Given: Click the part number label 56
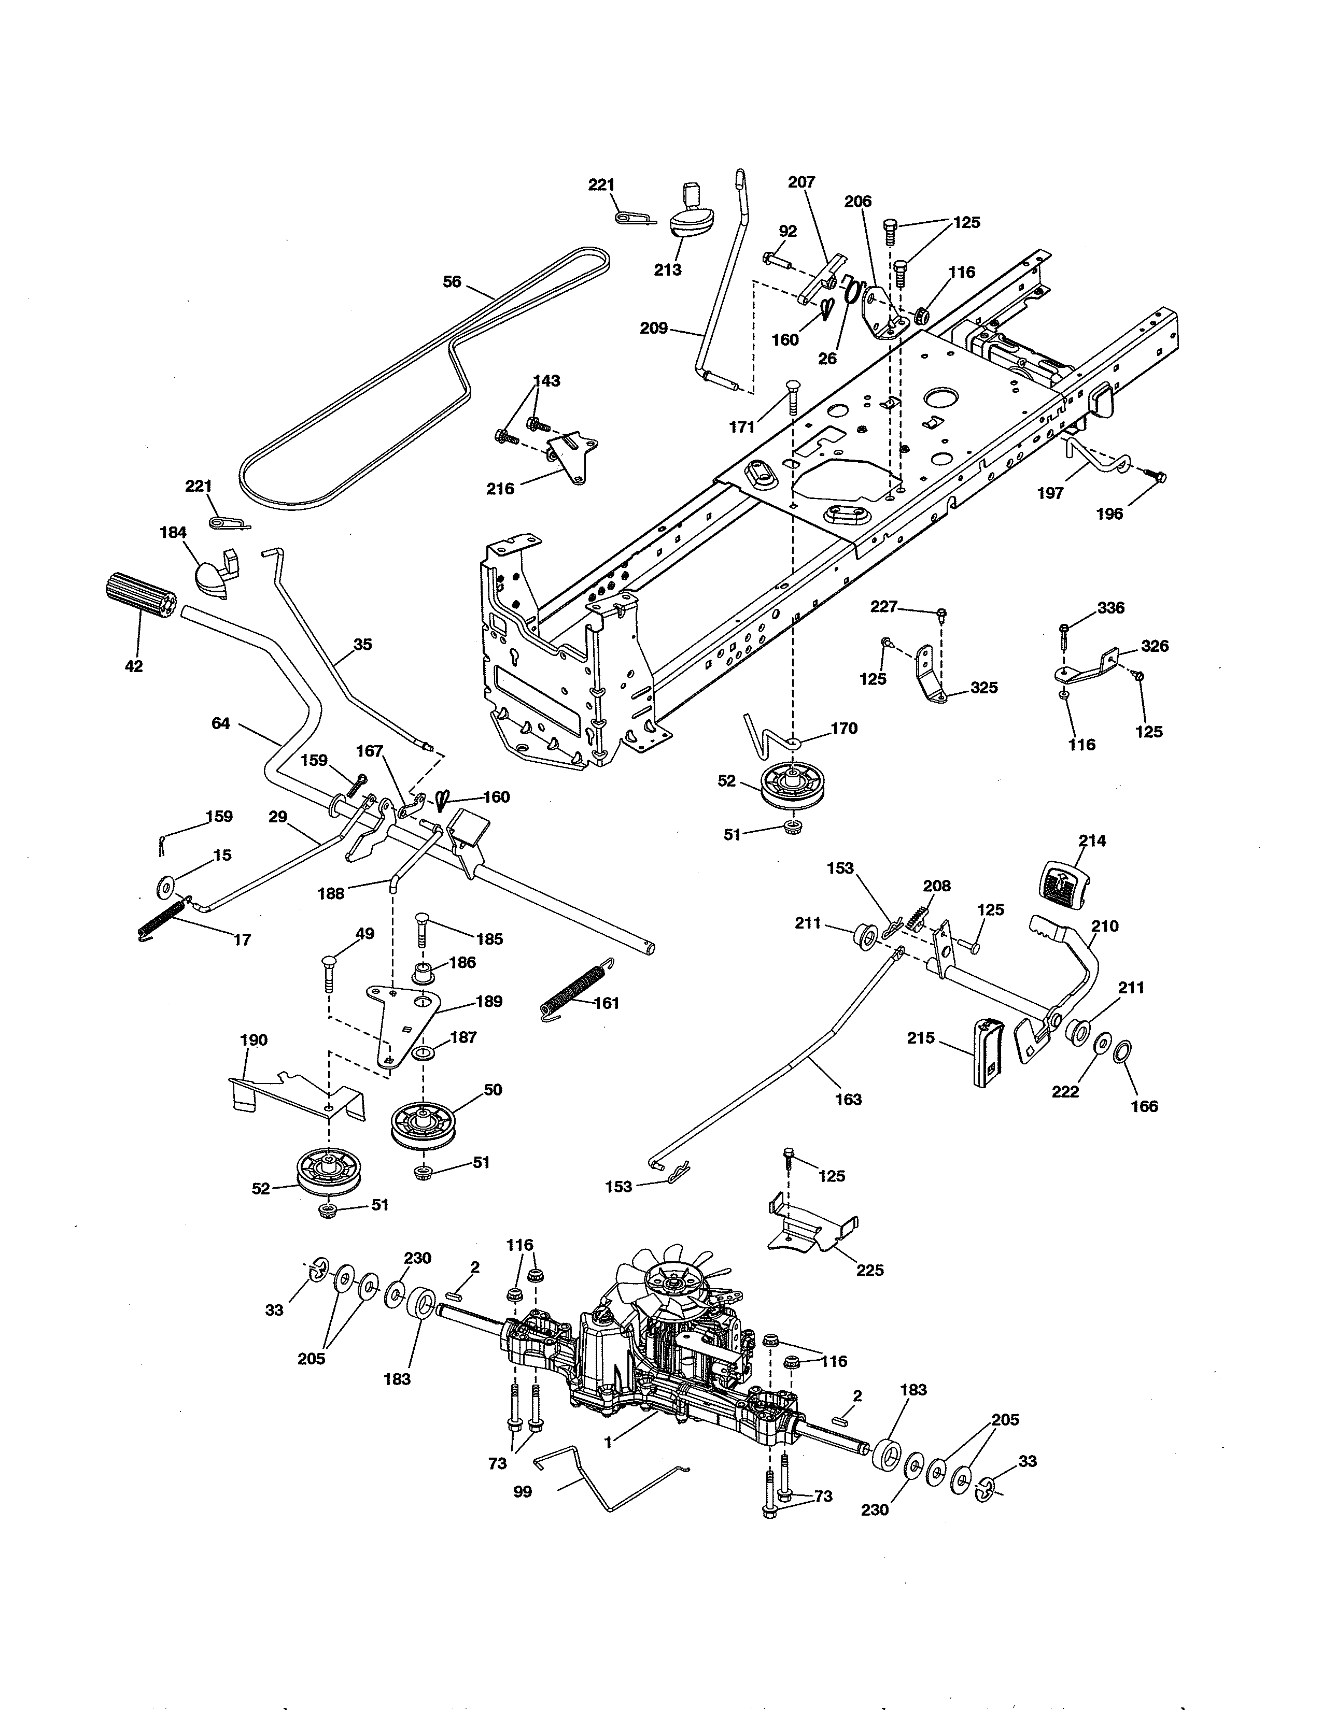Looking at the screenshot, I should pos(452,282).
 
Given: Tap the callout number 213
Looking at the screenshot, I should pos(667,270).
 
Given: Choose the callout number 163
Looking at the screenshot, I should pos(848,1099).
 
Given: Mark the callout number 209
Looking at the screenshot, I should pos(653,328).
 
